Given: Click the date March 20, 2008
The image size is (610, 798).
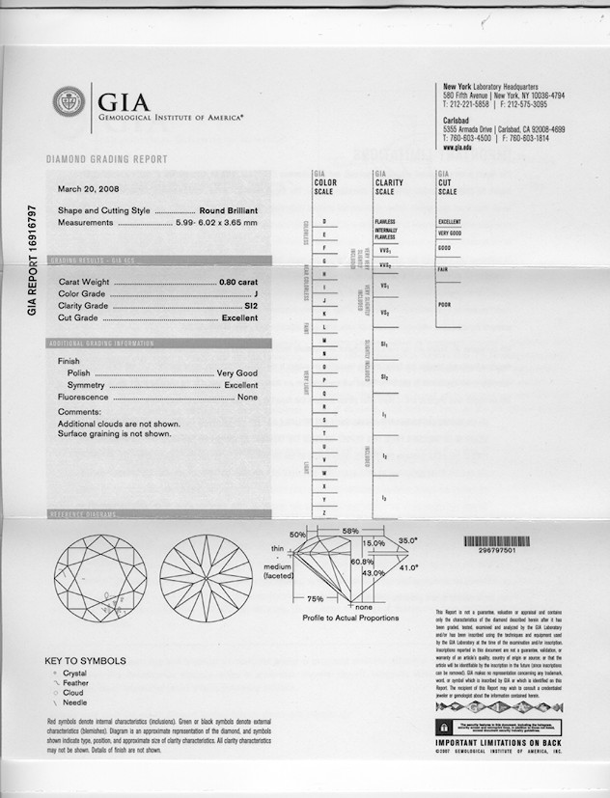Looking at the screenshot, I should [89, 189].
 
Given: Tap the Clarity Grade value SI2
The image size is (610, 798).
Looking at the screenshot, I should [252, 305].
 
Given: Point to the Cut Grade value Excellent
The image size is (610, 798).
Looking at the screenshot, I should [240, 317].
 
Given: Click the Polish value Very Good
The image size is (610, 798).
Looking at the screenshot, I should [237, 372].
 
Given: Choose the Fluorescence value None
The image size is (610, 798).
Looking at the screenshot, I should [248, 398].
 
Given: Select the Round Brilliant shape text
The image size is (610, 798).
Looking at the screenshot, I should [228, 210].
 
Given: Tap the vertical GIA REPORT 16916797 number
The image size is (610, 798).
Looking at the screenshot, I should [33, 260].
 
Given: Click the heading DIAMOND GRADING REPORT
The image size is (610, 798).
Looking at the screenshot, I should [106, 159].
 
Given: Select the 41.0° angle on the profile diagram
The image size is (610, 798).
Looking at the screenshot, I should [410, 567].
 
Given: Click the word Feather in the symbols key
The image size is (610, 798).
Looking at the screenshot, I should [76, 683].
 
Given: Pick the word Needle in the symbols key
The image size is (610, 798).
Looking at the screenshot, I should [75, 704].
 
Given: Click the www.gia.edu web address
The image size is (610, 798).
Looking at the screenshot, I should [457, 147].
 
